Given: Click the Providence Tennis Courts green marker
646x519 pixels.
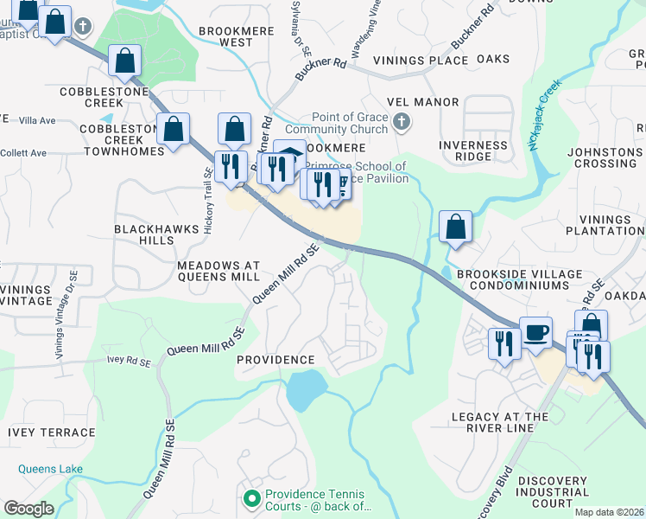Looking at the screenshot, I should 251,498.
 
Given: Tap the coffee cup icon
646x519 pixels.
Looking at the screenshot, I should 535,332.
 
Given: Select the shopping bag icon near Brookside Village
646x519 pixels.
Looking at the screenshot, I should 455,227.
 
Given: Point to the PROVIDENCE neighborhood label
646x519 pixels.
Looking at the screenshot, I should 275,359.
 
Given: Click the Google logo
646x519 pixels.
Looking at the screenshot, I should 28,508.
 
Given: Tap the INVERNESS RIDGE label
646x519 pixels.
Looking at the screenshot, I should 473,151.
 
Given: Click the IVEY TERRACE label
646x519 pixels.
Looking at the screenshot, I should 45,432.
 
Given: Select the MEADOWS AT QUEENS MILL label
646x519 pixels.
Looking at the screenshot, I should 218,271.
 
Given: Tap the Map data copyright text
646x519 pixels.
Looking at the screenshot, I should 609,512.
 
